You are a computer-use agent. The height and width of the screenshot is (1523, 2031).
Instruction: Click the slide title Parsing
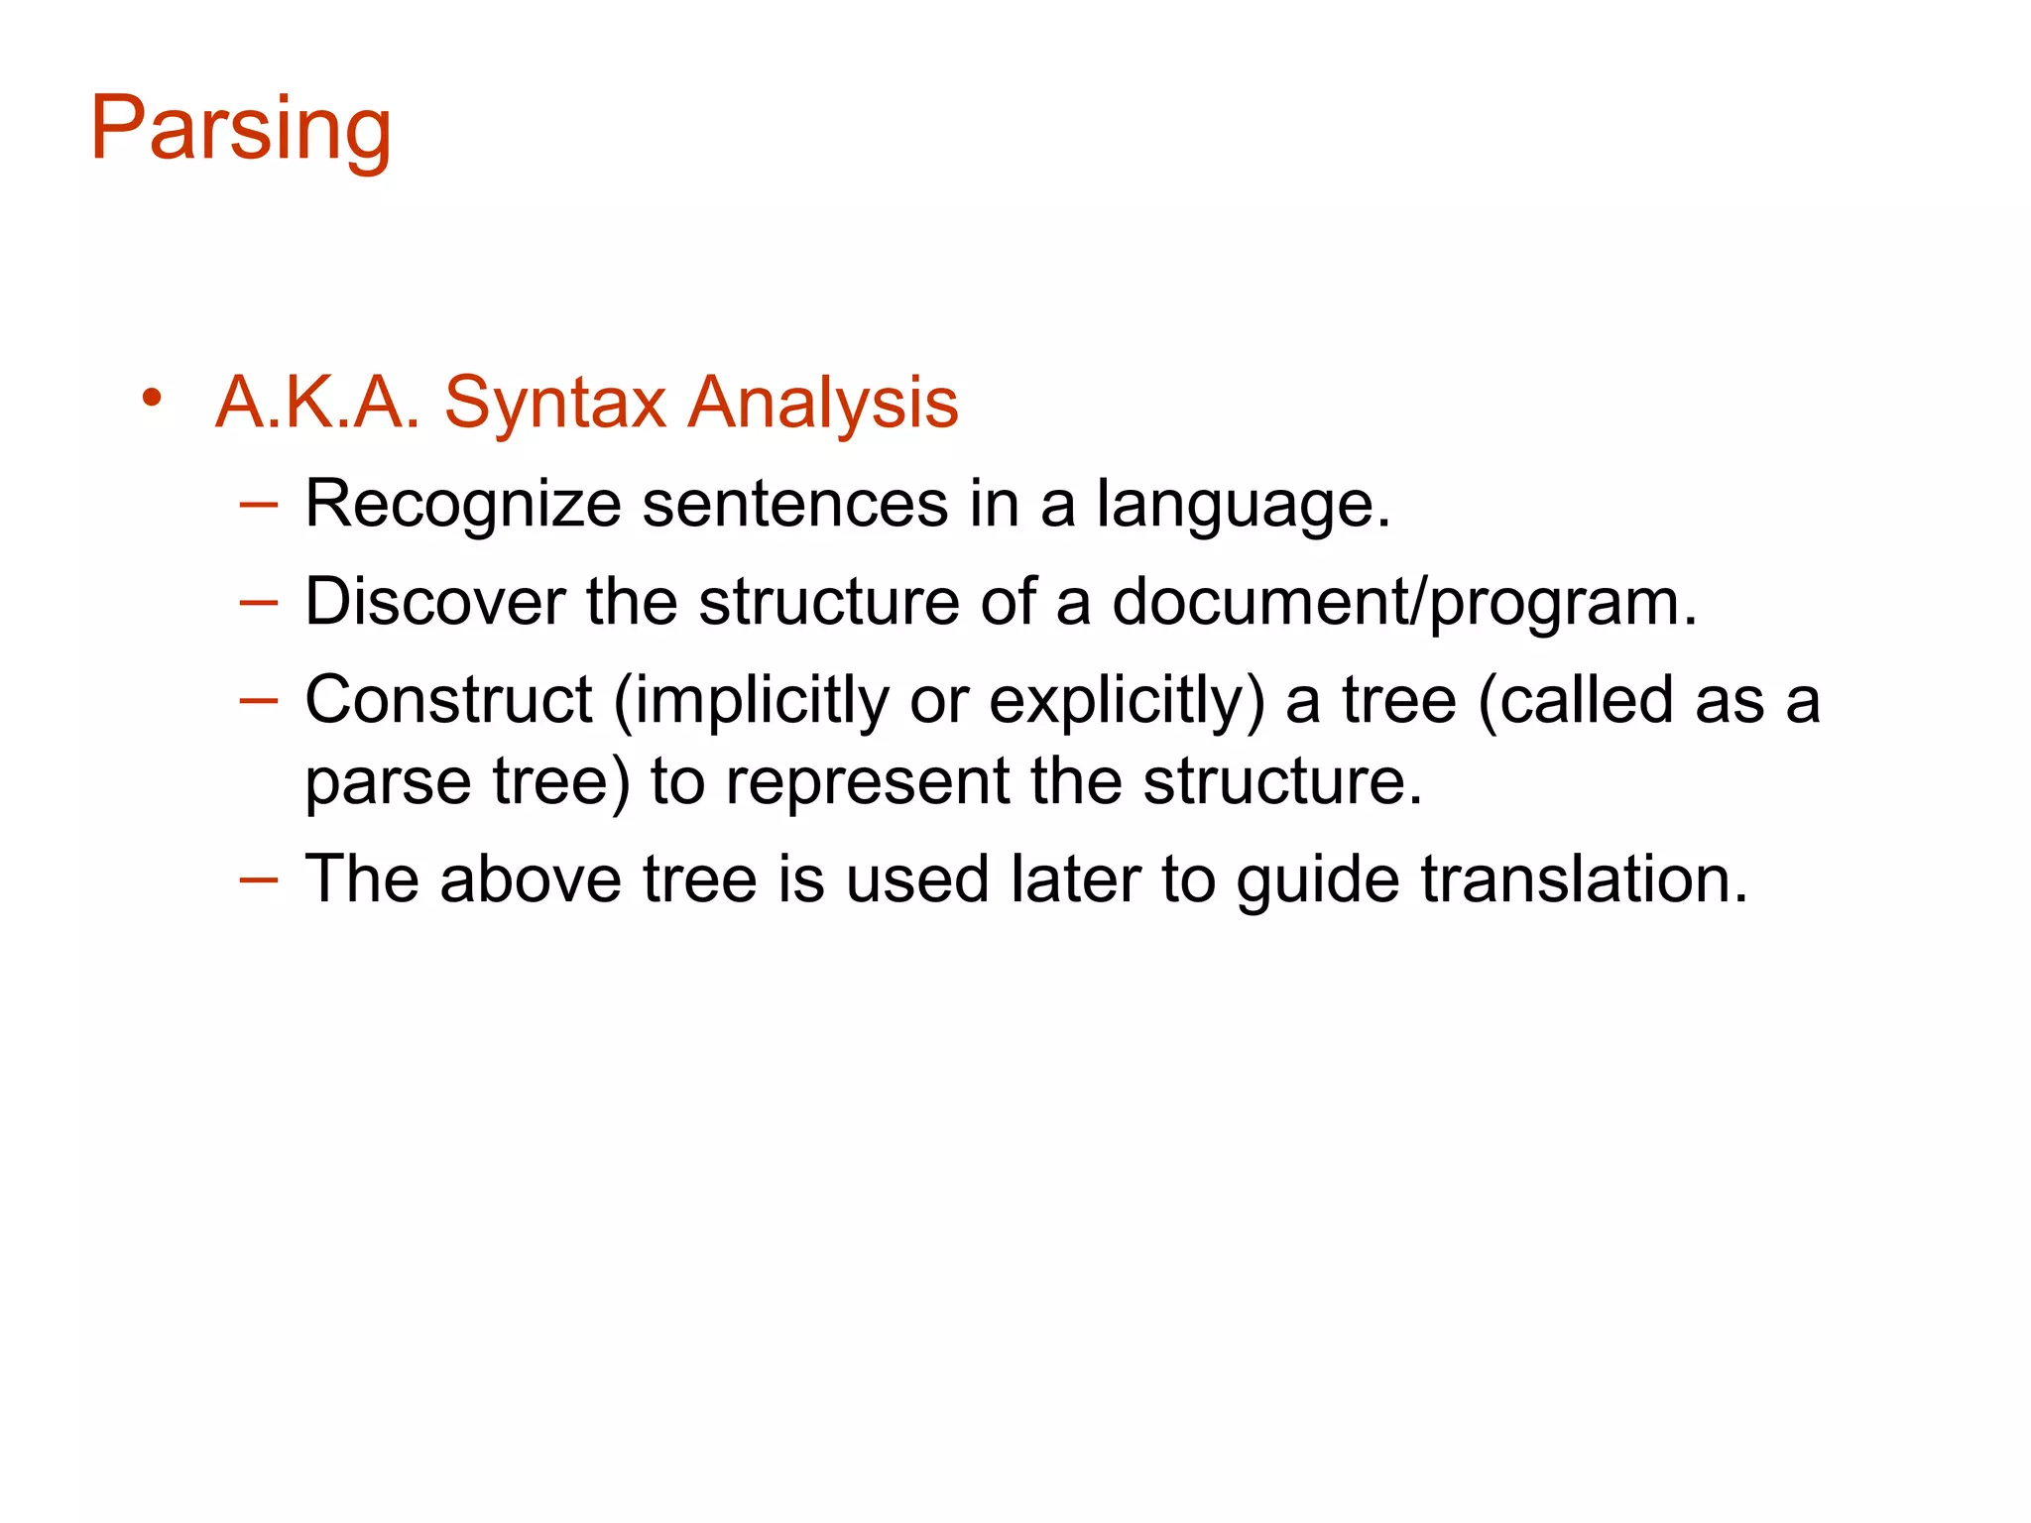click(241, 129)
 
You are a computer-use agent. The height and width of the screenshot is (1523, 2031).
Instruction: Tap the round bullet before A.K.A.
click(151, 399)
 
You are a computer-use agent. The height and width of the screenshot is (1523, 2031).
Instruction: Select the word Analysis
click(823, 404)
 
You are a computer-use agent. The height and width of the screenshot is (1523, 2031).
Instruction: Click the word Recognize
click(463, 505)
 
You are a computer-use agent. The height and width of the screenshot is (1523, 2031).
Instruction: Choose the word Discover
click(435, 602)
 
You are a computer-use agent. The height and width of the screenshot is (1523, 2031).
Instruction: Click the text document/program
click(1404, 603)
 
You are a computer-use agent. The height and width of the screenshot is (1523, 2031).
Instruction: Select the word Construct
click(448, 700)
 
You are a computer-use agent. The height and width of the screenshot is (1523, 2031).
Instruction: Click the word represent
click(868, 782)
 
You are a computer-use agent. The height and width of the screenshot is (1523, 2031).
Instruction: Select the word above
click(531, 880)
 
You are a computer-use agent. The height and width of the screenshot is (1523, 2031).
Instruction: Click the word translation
click(1584, 879)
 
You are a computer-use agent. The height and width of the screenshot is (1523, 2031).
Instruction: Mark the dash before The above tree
click(258, 879)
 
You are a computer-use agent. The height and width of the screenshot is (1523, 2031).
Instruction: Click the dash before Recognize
click(258, 505)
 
